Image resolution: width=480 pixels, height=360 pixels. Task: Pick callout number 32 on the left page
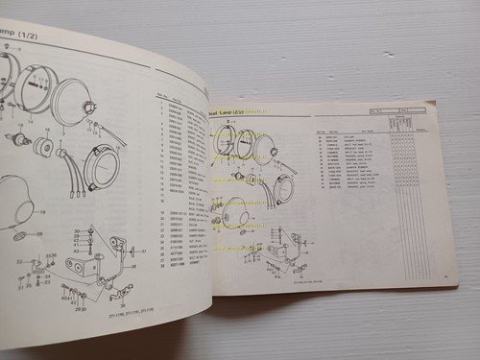(x=20, y=260)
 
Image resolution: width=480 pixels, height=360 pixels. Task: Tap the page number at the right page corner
(x=445, y=277)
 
